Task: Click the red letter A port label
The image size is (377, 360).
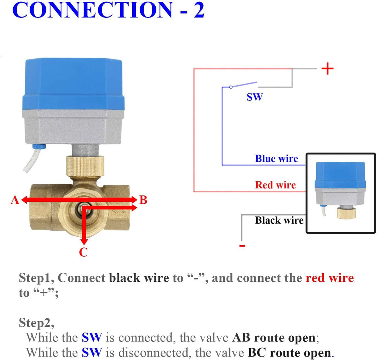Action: [15, 200]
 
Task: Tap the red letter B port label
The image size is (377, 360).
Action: [143, 200]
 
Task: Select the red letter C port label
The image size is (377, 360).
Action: [83, 252]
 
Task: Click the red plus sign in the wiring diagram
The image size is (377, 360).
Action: [327, 69]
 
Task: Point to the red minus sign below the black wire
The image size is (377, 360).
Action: [242, 246]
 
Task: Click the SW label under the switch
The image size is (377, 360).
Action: [254, 97]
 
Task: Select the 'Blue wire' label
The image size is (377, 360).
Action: [276, 159]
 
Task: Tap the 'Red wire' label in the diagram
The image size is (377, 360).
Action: [275, 185]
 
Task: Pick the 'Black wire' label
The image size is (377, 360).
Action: [279, 220]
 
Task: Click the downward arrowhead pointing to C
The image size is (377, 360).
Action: [83, 242]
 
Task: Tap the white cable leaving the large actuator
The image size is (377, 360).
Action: [29, 163]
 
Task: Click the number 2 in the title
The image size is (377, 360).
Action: [198, 10]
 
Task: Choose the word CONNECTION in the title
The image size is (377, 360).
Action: [93, 10]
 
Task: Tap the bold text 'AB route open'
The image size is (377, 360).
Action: [273, 338]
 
